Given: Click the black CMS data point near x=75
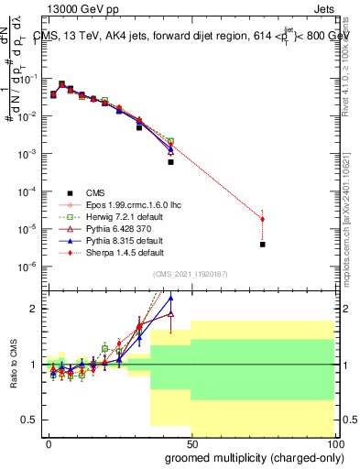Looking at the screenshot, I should click(x=263, y=245).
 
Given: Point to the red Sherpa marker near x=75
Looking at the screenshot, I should click(x=263, y=219).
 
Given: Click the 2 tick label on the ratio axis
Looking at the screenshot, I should click(x=32, y=309).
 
